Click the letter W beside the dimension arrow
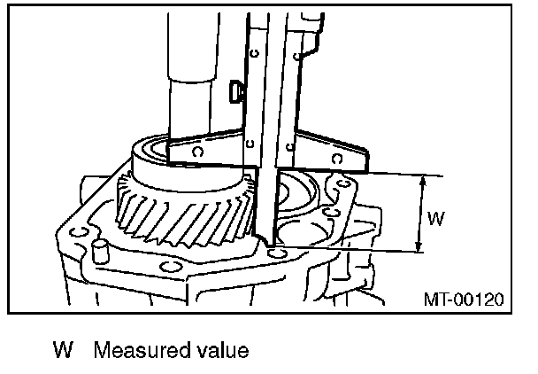(435, 216)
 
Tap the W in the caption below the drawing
(61, 350)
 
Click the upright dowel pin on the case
(99, 249)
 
